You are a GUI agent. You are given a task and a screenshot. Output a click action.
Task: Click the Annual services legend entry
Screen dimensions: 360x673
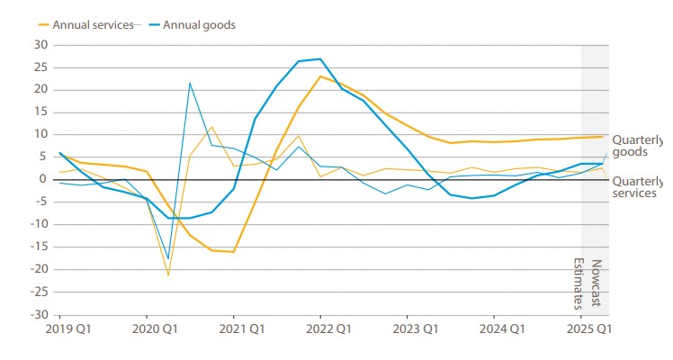coord(87,24)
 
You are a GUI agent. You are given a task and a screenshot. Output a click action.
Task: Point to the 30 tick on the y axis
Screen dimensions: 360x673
coord(40,44)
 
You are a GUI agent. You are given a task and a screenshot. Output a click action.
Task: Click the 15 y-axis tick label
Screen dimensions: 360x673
coord(40,112)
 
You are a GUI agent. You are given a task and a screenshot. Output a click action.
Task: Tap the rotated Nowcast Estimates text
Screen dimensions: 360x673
coord(587,283)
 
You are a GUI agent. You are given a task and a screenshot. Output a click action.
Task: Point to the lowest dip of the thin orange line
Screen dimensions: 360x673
coord(168,274)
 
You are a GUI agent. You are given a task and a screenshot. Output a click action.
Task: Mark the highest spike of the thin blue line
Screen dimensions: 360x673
coord(190,83)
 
